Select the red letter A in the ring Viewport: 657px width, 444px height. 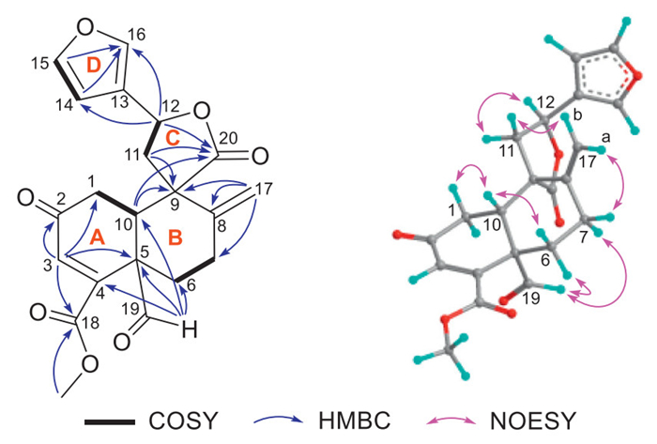click(x=94, y=242)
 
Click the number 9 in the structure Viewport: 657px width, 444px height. click(x=173, y=198)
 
